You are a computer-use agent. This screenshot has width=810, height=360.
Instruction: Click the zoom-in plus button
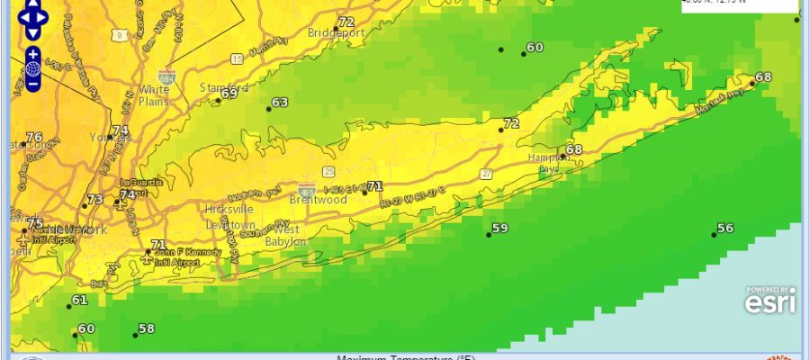click(32, 54)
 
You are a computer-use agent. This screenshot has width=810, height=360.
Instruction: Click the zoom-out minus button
click(32, 84)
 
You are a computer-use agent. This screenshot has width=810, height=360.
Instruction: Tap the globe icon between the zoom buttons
click(32, 68)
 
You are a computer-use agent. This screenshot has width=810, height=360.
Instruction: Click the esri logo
click(769, 301)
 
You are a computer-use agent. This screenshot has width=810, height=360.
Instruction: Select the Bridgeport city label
click(336, 33)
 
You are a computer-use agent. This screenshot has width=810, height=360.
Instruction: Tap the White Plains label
click(154, 95)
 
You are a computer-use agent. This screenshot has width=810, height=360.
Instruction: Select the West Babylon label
click(286, 235)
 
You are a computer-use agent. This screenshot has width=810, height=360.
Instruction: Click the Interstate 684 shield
click(166, 76)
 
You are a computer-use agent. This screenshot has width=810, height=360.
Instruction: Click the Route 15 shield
click(237, 58)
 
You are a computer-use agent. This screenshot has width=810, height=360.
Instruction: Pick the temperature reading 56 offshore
click(724, 228)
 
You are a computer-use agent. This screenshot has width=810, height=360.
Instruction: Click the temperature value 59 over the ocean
click(499, 228)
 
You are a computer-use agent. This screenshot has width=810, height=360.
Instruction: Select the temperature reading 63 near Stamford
click(279, 103)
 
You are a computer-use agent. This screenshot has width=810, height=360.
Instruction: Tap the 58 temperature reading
click(146, 328)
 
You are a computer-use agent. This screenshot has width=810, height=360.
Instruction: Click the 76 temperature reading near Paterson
click(34, 138)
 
